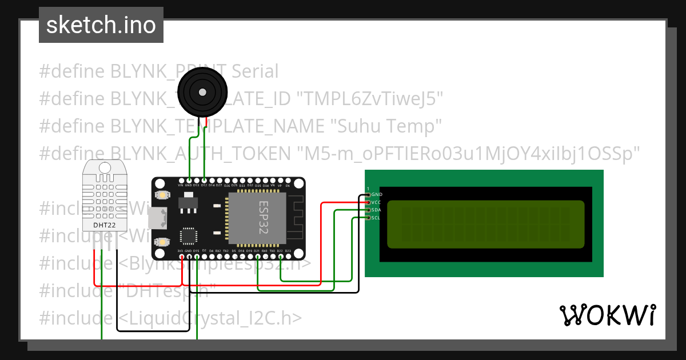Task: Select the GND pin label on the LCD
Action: tap(377, 195)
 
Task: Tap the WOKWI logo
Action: tap(607, 315)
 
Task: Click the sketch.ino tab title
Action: tap(101, 25)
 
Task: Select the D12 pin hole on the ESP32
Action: tap(204, 180)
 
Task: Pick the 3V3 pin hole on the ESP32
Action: tap(180, 245)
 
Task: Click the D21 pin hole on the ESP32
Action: tap(257, 245)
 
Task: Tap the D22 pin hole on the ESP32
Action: tap(280, 245)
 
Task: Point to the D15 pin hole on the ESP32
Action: tap(196, 245)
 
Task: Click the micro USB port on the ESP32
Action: tap(158, 217)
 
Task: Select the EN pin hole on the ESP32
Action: tap(288, 180)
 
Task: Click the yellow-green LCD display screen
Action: tap(486, 224)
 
